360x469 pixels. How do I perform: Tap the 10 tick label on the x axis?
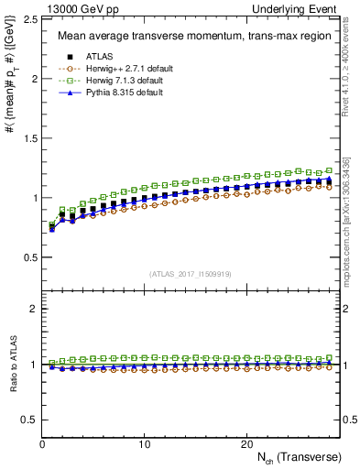(144, 443)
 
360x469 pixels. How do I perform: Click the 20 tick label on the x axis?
(246, 443)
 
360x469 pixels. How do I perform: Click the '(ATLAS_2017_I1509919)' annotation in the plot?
(191, 273)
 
